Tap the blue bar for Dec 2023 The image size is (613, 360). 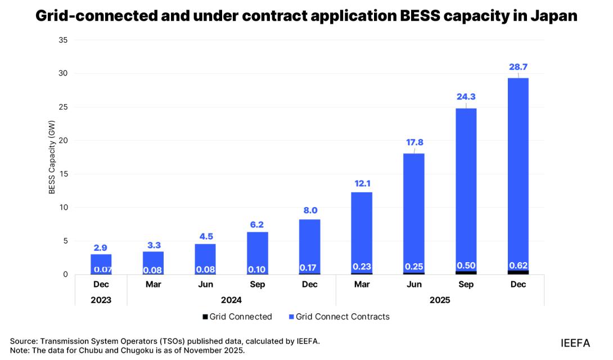[x=101, y=260]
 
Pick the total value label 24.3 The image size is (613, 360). [x=466, y=97]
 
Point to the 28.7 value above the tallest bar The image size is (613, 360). [x=518, y=67]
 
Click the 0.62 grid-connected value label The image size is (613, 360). [x=518, y=265]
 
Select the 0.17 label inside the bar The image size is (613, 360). [x=310, y=267]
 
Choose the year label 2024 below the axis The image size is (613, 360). [x=232, y=300]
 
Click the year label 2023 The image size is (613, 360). [x=101, y=300]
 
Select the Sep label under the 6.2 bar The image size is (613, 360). [x=258, y=285]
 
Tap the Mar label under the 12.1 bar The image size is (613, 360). [x=362, y=285]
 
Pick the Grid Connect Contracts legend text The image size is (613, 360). [x=342, y=317]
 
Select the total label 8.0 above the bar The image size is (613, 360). [x=310, y=210]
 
